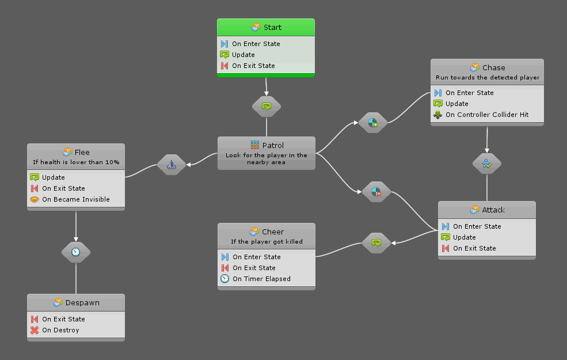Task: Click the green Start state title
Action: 266,27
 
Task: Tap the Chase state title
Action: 487,67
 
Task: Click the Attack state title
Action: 487,210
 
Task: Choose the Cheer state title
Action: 267,232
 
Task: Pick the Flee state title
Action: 76,153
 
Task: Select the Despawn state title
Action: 76,302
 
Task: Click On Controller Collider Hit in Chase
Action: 486,115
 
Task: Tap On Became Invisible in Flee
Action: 75,199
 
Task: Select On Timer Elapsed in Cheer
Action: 261,279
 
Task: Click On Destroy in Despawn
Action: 60,330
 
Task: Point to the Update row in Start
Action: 243,55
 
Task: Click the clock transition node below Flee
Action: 76,252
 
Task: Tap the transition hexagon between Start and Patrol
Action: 266,106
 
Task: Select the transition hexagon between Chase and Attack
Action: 487,164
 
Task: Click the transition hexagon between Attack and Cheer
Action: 376,242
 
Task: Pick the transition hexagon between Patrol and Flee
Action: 172,165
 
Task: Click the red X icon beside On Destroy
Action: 35,330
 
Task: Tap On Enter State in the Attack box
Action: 477,226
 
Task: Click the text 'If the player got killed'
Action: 267,241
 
